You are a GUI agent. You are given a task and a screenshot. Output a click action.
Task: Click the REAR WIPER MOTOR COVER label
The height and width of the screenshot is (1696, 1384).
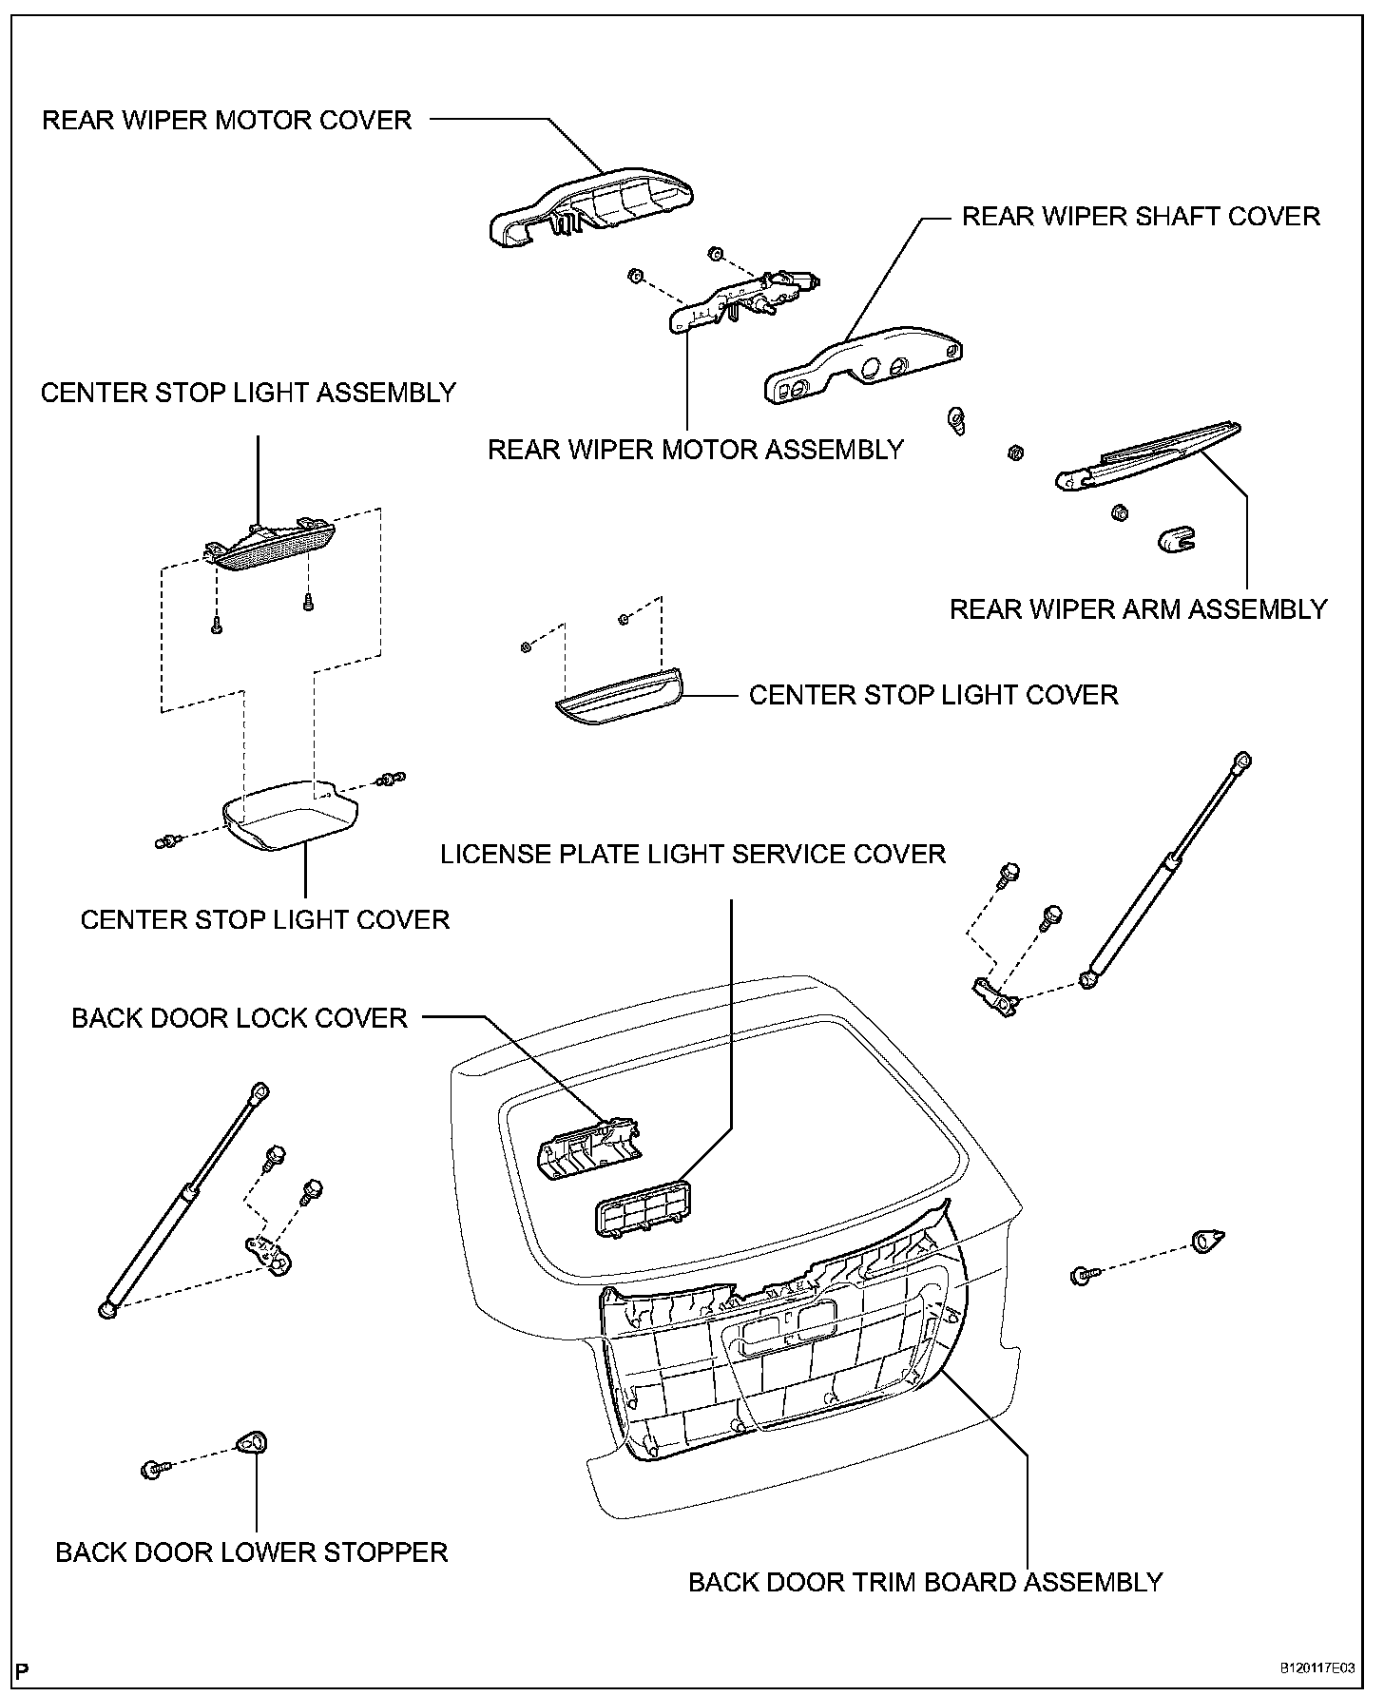coord(227,121)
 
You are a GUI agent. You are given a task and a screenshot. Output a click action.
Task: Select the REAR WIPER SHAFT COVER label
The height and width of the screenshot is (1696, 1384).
coord(1141,217)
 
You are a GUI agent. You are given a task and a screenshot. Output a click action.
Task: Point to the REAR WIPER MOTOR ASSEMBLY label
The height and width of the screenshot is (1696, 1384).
coord(696,449)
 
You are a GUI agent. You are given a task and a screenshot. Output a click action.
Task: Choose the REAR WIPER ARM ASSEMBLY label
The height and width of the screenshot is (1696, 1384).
coord(1138,608)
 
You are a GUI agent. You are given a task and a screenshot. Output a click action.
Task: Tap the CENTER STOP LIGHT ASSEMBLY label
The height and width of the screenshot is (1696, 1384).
coord(248,393)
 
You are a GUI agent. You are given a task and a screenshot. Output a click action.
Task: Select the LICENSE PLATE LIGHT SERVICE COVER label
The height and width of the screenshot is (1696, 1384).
coord(693,854)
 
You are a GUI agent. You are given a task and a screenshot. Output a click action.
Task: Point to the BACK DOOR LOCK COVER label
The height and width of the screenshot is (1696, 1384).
coord(240,1018)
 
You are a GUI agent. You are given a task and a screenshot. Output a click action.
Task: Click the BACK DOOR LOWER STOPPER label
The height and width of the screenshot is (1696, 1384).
coord(252,1552)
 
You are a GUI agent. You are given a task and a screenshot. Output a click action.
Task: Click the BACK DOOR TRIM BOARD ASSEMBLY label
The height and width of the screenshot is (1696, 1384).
coord(925,1582)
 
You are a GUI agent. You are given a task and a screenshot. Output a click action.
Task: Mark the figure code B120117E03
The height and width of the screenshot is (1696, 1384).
coord(1315,1667)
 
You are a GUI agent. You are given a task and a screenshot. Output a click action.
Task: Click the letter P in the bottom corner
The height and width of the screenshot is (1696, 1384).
coord(24,1670)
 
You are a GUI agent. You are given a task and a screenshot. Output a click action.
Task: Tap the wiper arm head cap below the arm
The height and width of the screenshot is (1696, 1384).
coord(1176,540)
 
